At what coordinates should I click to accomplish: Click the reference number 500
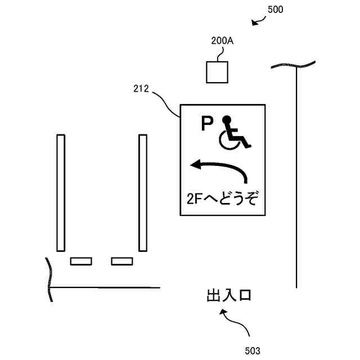click(x=276, y=10)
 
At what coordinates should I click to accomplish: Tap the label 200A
click(x=222, y=41)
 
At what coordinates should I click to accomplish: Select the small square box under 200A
click(x=218, y=71)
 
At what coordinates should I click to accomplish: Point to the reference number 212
click(x=141, y=88)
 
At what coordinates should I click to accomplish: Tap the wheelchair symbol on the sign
click(x=235, y=134)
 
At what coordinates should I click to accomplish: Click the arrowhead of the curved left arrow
click(x=196, y=165)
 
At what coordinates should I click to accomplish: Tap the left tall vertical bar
click(x=61, y=192)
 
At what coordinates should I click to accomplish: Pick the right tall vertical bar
click(x=143, y=192)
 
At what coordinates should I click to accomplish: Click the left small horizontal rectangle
click(x=81, y=261)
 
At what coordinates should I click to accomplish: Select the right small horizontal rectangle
click(x=121, y=261)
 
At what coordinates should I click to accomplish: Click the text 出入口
click(x=228, y=296)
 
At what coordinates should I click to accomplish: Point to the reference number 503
click(x=253, y=350)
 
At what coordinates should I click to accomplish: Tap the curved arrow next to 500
click(x=259, y=22)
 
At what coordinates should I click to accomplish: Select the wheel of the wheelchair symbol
click(x=227, y=142)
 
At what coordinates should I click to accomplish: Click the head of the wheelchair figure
click(x=227, y=119)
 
